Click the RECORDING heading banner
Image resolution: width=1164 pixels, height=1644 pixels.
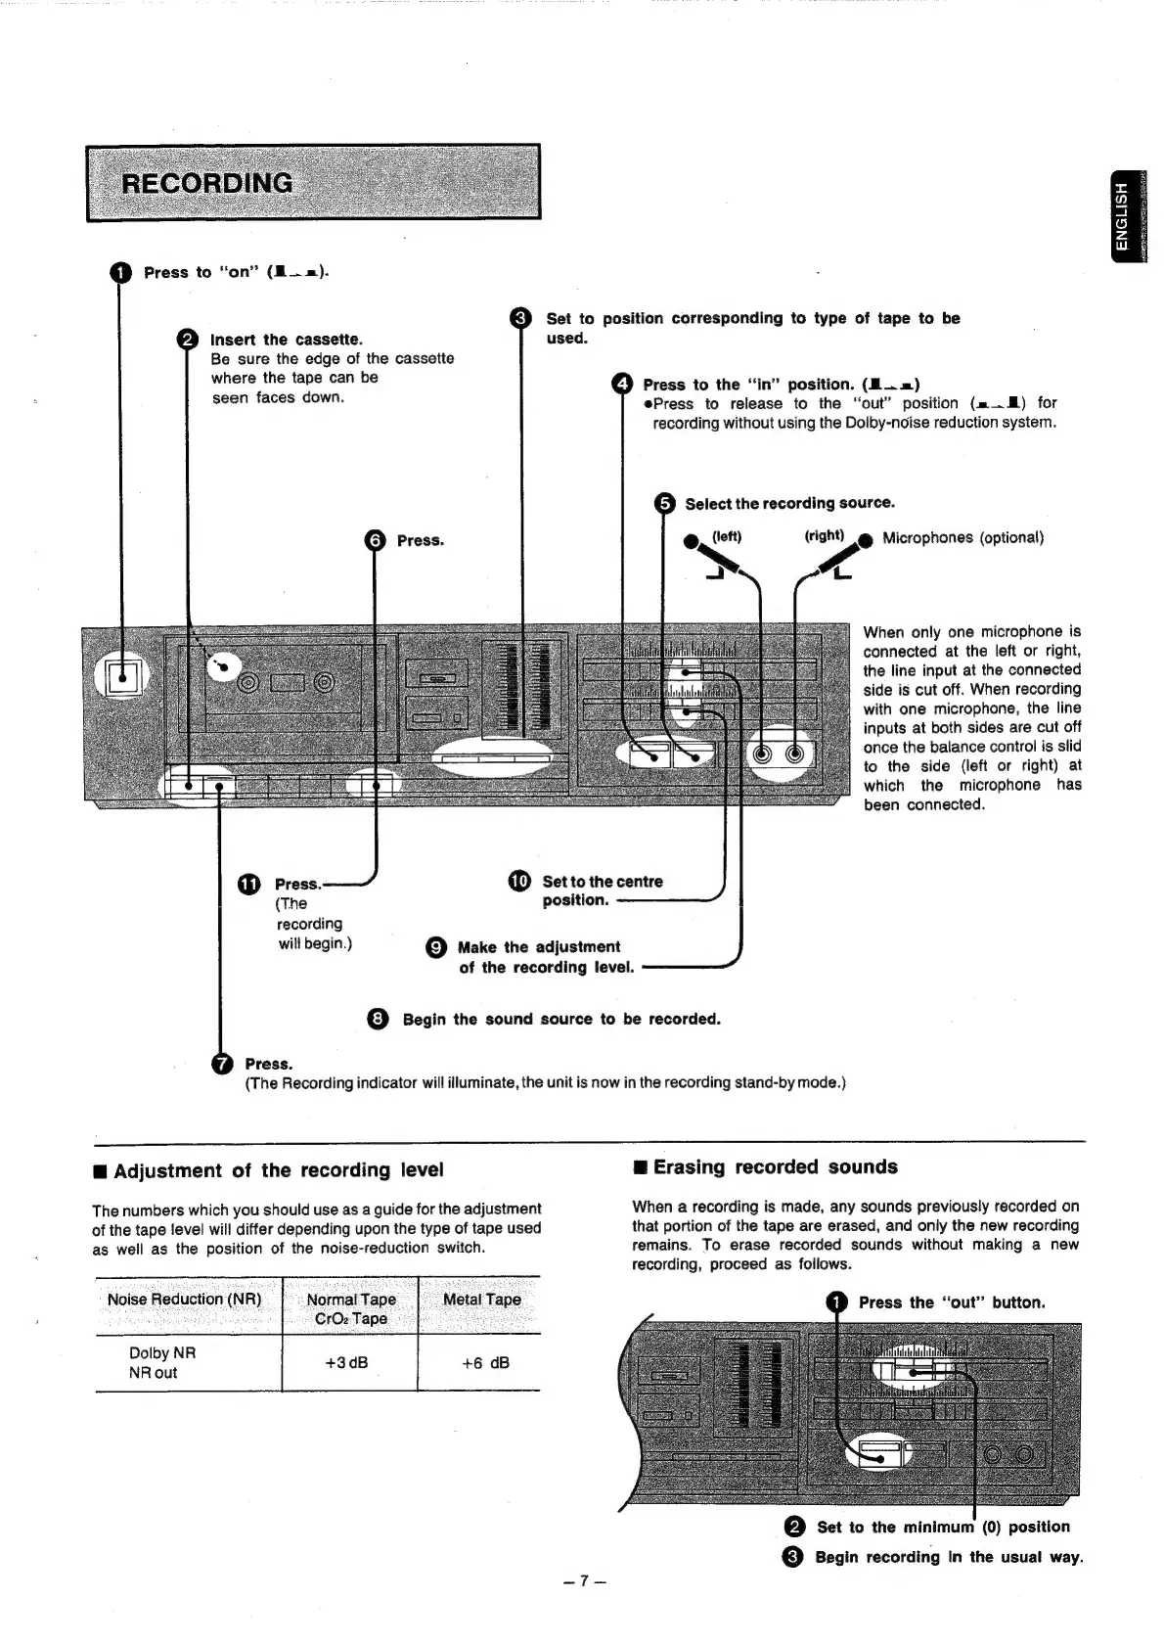tap(313, 183)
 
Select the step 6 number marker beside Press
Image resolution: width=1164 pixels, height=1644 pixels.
tap(375, 540)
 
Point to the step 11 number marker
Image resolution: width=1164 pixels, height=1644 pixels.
tap(248, 884)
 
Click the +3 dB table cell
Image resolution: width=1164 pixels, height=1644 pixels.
tap(349, 1362)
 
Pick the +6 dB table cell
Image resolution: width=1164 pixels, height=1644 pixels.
tap(484, 1362)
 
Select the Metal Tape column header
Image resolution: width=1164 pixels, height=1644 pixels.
tap(481, 1300)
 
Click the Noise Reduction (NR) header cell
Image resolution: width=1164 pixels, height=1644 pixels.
tap(185, 1300)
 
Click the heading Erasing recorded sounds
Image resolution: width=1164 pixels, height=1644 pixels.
tap(775, 1166)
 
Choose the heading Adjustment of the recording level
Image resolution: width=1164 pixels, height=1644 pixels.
tap(278, 1170)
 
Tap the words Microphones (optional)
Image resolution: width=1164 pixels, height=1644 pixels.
tap(963, 537)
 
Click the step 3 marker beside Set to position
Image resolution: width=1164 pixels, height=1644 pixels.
tap(521, 318)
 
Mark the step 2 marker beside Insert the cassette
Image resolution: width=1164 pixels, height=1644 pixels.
tap(187, 340)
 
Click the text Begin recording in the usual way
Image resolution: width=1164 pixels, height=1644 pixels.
tap(948, 1557)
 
